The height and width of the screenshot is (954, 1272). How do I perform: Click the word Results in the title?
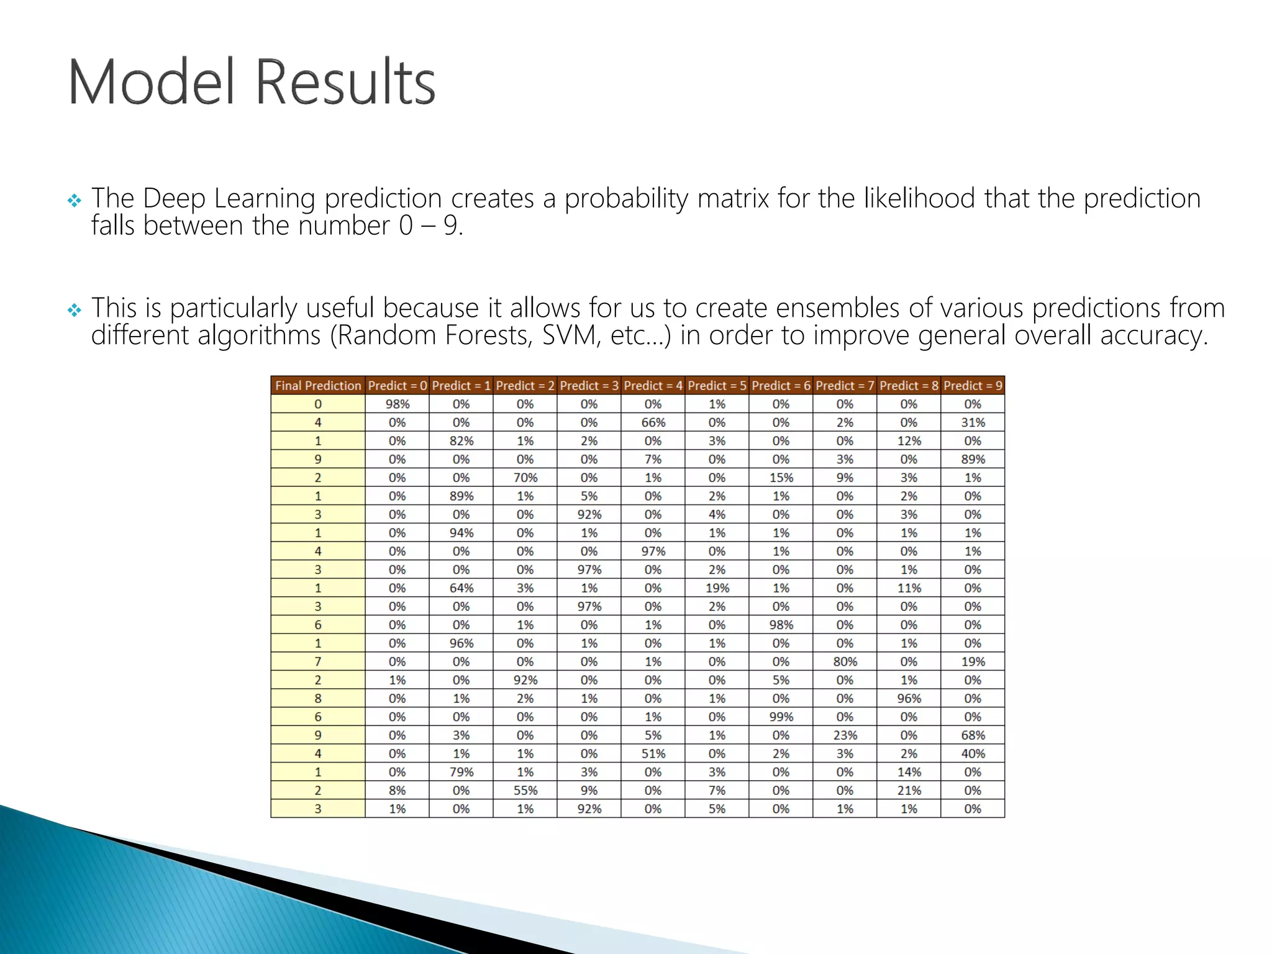pos(345,82)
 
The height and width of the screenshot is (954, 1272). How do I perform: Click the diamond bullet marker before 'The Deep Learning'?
pos(75,201)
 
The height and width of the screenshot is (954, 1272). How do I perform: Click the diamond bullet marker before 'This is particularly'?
pos(75,310)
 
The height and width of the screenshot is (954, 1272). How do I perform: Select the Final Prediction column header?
pos(318,386)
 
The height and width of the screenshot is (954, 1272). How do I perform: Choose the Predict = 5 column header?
pos(717,386)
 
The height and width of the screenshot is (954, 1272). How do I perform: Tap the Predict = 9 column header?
pos(973,386)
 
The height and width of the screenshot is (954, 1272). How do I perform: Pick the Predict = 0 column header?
pos(397,386)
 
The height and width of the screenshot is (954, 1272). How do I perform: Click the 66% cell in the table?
pos(653,422)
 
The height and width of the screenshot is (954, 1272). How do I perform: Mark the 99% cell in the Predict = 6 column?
pos(781,717)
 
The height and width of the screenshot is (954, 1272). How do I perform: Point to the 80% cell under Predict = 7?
pos(845,661)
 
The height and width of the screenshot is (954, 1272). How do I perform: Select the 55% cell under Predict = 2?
pos(525,791)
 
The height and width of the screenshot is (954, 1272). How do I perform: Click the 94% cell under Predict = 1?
pos(461,533)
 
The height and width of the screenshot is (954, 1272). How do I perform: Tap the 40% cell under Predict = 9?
pos(973,753)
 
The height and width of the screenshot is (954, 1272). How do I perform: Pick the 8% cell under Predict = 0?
pos(397,791)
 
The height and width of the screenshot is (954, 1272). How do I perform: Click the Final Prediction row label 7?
pos(318,661)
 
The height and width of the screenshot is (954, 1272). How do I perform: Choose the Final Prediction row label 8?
pos(318,698)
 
